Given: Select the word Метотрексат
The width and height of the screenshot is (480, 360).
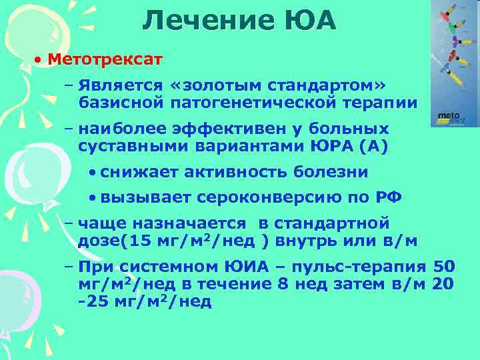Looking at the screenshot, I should (x=105, y=60).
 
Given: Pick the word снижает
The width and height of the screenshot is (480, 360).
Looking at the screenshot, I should (x=140, y=172).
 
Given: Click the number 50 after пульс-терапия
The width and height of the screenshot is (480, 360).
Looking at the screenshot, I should (x=445, y=267).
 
